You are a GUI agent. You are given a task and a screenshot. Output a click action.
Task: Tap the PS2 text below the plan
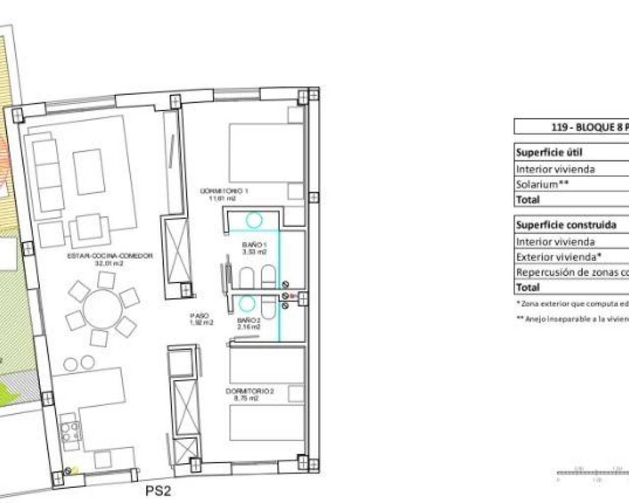point(158,491)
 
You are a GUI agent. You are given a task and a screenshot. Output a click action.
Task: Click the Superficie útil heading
point(549,152)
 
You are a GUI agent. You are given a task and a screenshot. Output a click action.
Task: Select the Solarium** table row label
point(543,185)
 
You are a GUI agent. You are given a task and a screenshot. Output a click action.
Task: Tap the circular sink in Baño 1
point(254,220)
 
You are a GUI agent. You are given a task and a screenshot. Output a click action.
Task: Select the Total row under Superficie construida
point(528,287)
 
